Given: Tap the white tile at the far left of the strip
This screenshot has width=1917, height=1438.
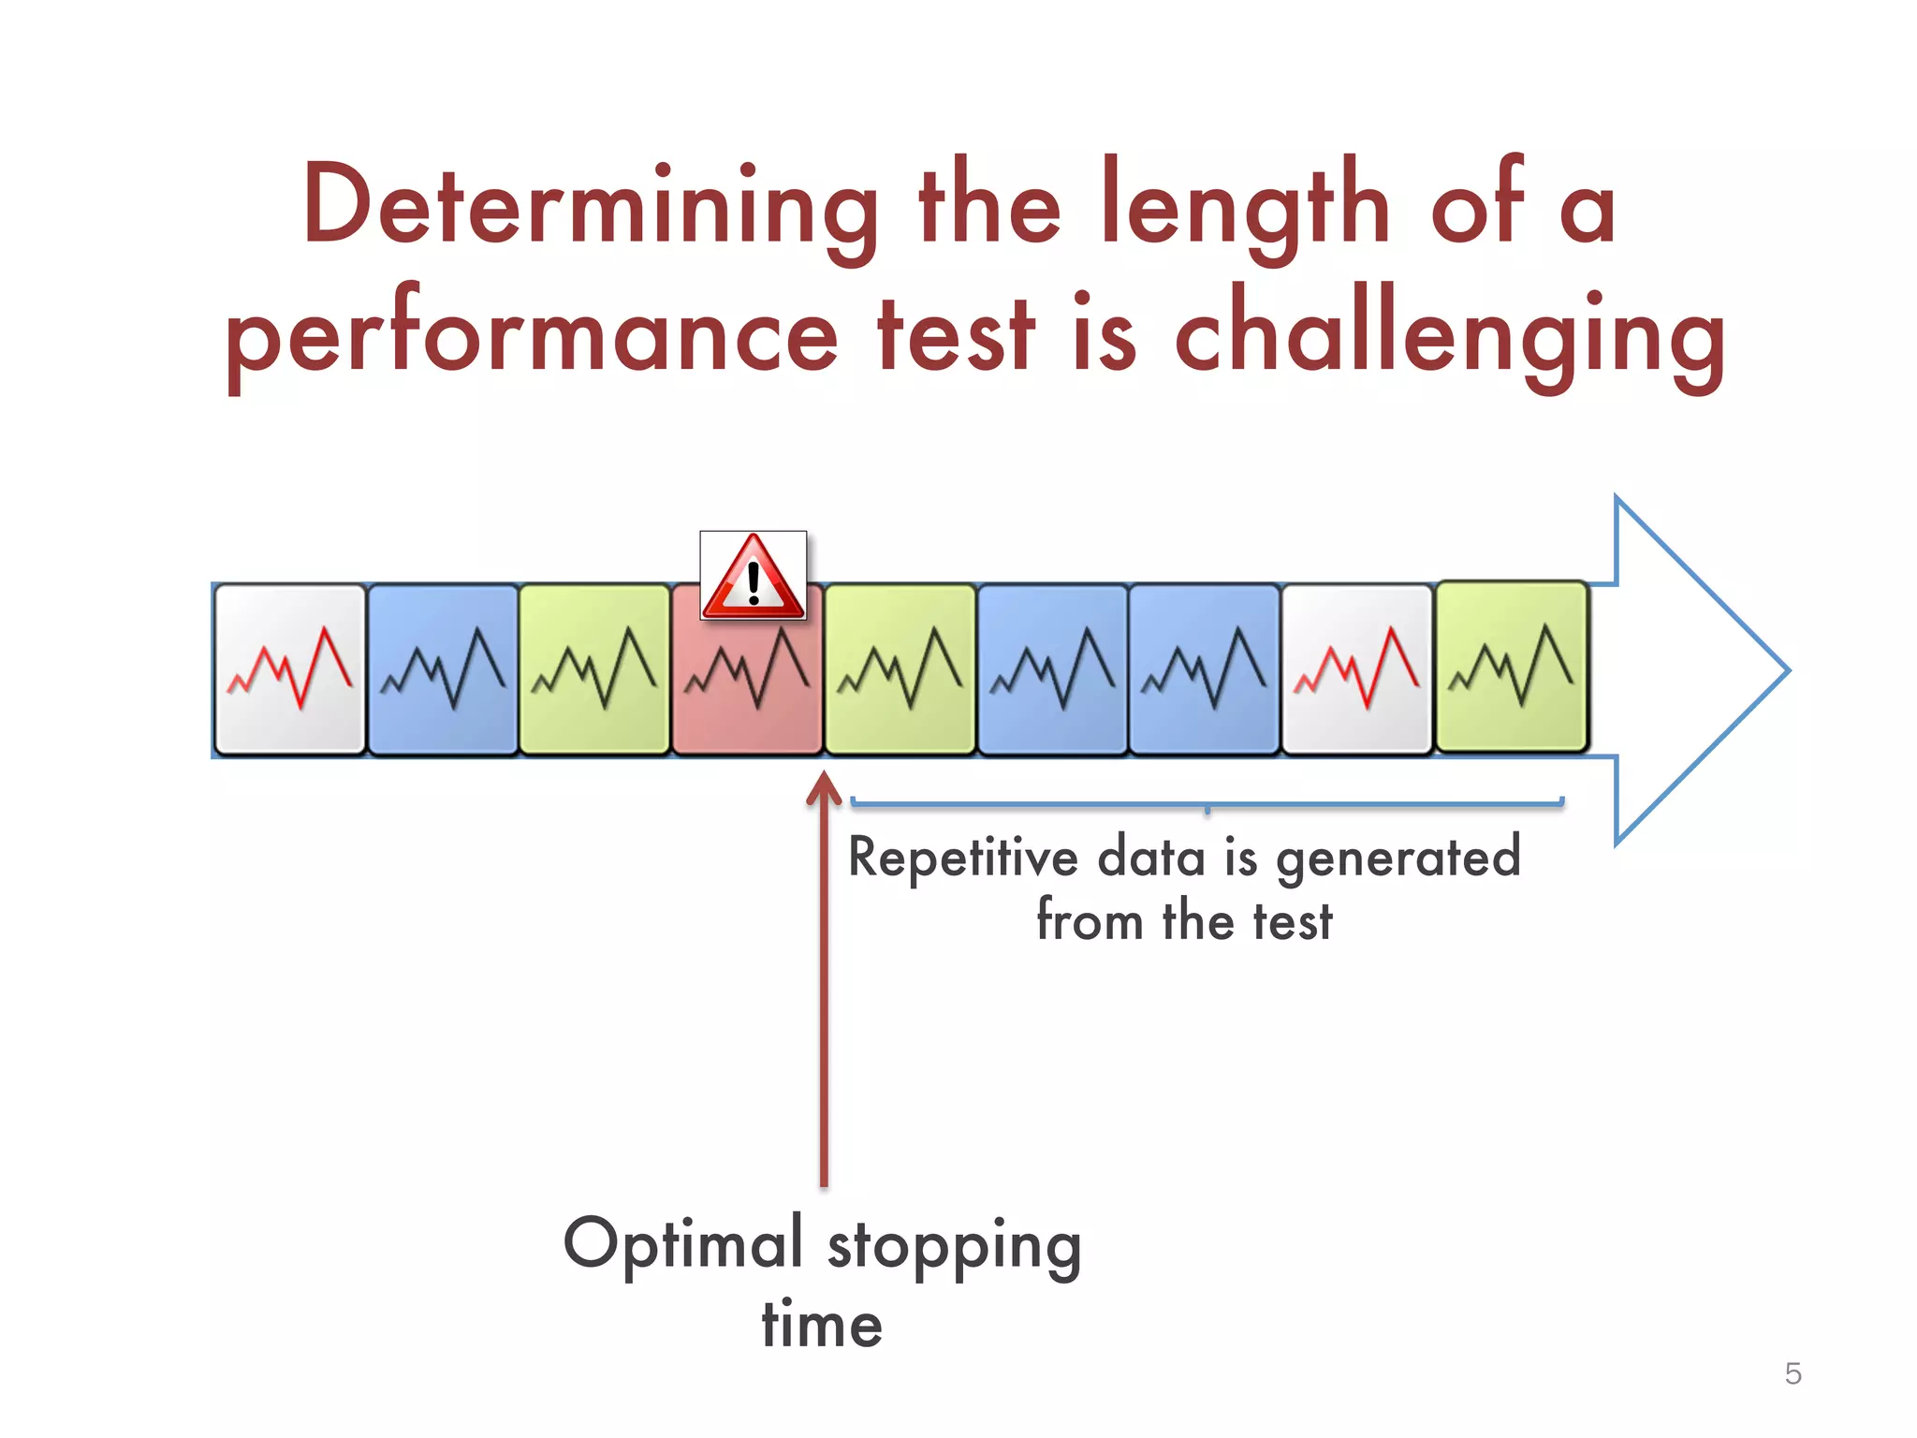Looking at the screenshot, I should [x=290, y=669].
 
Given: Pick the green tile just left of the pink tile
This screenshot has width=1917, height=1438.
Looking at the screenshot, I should [x=594, y=669].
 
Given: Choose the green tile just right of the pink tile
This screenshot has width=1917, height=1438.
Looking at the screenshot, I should [x=900, y=669].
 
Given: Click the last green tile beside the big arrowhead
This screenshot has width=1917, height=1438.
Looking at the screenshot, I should [x=1511, y=667].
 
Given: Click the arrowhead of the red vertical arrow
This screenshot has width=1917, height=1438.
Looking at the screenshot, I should [x=824, y=786].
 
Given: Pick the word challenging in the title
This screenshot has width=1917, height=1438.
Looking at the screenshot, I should [x=1449, y=337].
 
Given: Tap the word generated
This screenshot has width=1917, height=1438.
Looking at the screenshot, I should [x=1398, y=858].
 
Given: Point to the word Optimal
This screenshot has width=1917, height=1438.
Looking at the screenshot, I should [x=683, y=1245].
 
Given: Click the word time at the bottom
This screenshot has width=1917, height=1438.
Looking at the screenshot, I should [x=822, y=1324].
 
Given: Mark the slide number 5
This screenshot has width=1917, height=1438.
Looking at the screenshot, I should [x=1793, y=1373].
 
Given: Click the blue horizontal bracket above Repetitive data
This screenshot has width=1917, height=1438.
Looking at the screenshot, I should [x=1207, y=803].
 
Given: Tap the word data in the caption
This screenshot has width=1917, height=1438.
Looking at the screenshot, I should [x=1150, y=858].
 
